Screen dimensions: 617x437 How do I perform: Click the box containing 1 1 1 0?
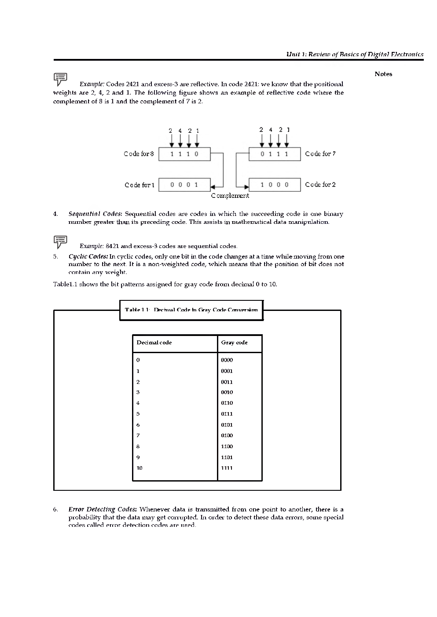[x=184, y=154]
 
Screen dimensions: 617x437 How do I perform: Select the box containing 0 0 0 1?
[x=184, y=185]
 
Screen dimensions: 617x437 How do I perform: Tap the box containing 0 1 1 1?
[x=275, y=154]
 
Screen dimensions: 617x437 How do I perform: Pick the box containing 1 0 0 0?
[x=275, y=185]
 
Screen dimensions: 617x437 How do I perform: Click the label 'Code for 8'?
[x=139, y=154]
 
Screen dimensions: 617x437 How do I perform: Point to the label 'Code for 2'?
[x=320, y=185]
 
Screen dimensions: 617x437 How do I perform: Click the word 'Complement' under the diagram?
[x=230, y=196]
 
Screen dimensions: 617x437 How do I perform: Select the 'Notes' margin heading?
[x=383, y=74]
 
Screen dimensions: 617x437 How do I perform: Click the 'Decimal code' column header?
[x=154, y=343]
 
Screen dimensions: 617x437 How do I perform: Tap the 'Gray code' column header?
[x=234, y=343]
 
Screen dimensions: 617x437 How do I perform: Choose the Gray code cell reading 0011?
[x=227, y=382]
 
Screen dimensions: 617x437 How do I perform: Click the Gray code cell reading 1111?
[x=227, y=468]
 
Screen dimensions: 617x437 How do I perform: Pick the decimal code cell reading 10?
[x=140, y=468]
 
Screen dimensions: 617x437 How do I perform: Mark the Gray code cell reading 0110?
[x=227, y=403]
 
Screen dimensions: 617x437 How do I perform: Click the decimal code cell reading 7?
[x=138, y=435]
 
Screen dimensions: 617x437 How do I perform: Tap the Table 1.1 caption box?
[x=191, y=310]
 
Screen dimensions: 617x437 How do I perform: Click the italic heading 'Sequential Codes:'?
[x=95, y=214]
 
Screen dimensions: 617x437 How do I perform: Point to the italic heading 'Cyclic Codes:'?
[x=88, y=256]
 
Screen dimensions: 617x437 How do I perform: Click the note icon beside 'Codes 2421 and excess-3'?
[x=60, y=79]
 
